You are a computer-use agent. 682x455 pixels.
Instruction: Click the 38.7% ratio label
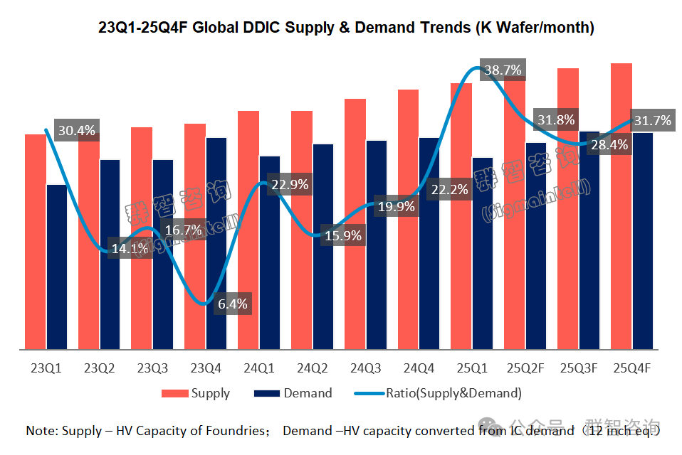[x=502, y=70]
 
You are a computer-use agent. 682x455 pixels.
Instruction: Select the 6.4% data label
[x=233, y=304]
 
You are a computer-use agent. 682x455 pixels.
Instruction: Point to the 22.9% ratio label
[x=290, y=184]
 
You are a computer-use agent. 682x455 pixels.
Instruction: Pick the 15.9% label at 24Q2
[x=343, y=235]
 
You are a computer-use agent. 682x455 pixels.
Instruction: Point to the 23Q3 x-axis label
[x=152, y=368]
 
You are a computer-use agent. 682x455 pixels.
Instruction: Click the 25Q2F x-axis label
[x=525, y=368]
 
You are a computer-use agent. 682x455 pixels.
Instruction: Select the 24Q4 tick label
[x=419, y=368]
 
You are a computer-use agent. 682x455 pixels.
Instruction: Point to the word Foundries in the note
[x=238, y=431]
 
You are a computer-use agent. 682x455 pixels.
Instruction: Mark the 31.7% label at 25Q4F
[x=651, y=121]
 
